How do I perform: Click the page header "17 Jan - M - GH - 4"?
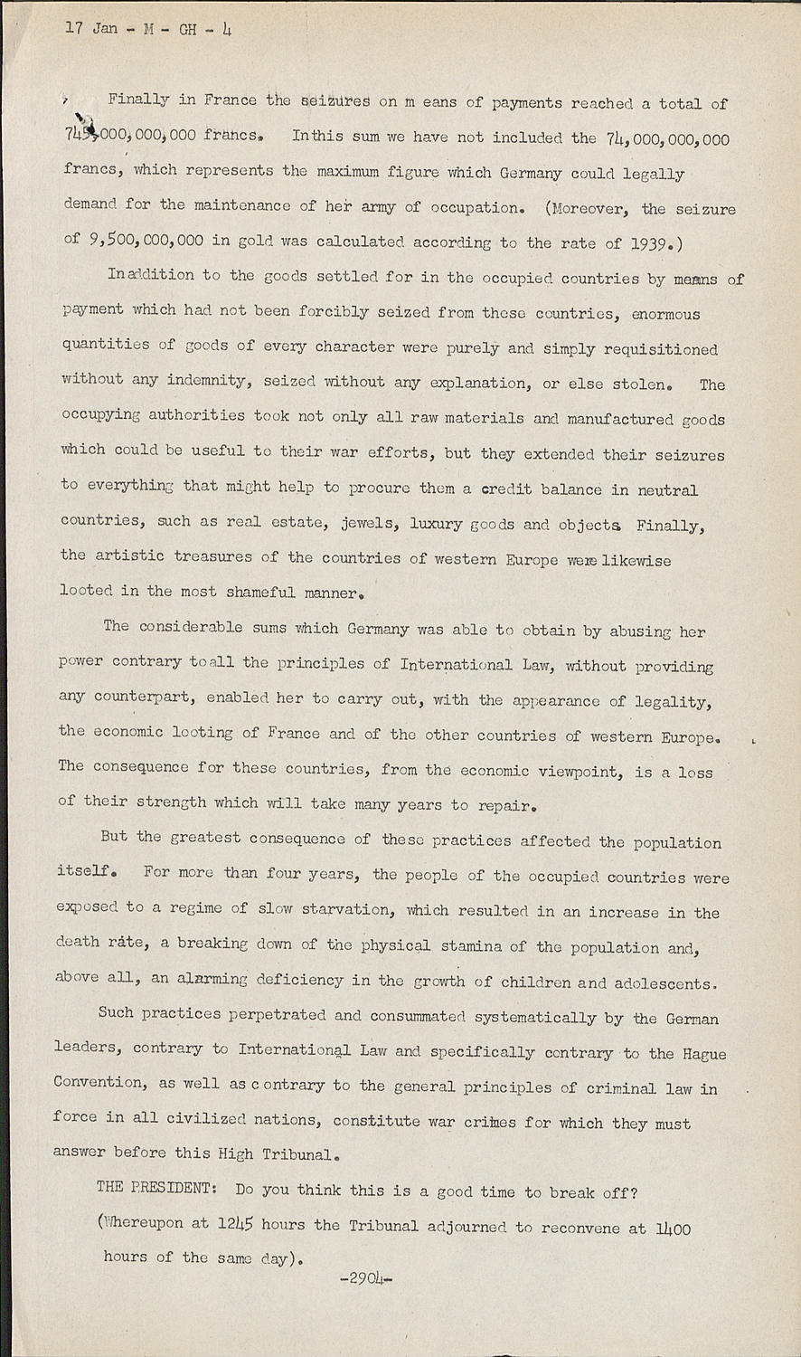pos(148,29)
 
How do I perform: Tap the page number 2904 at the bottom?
pos(366,1278)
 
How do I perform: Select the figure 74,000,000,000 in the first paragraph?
pos(667,138)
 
